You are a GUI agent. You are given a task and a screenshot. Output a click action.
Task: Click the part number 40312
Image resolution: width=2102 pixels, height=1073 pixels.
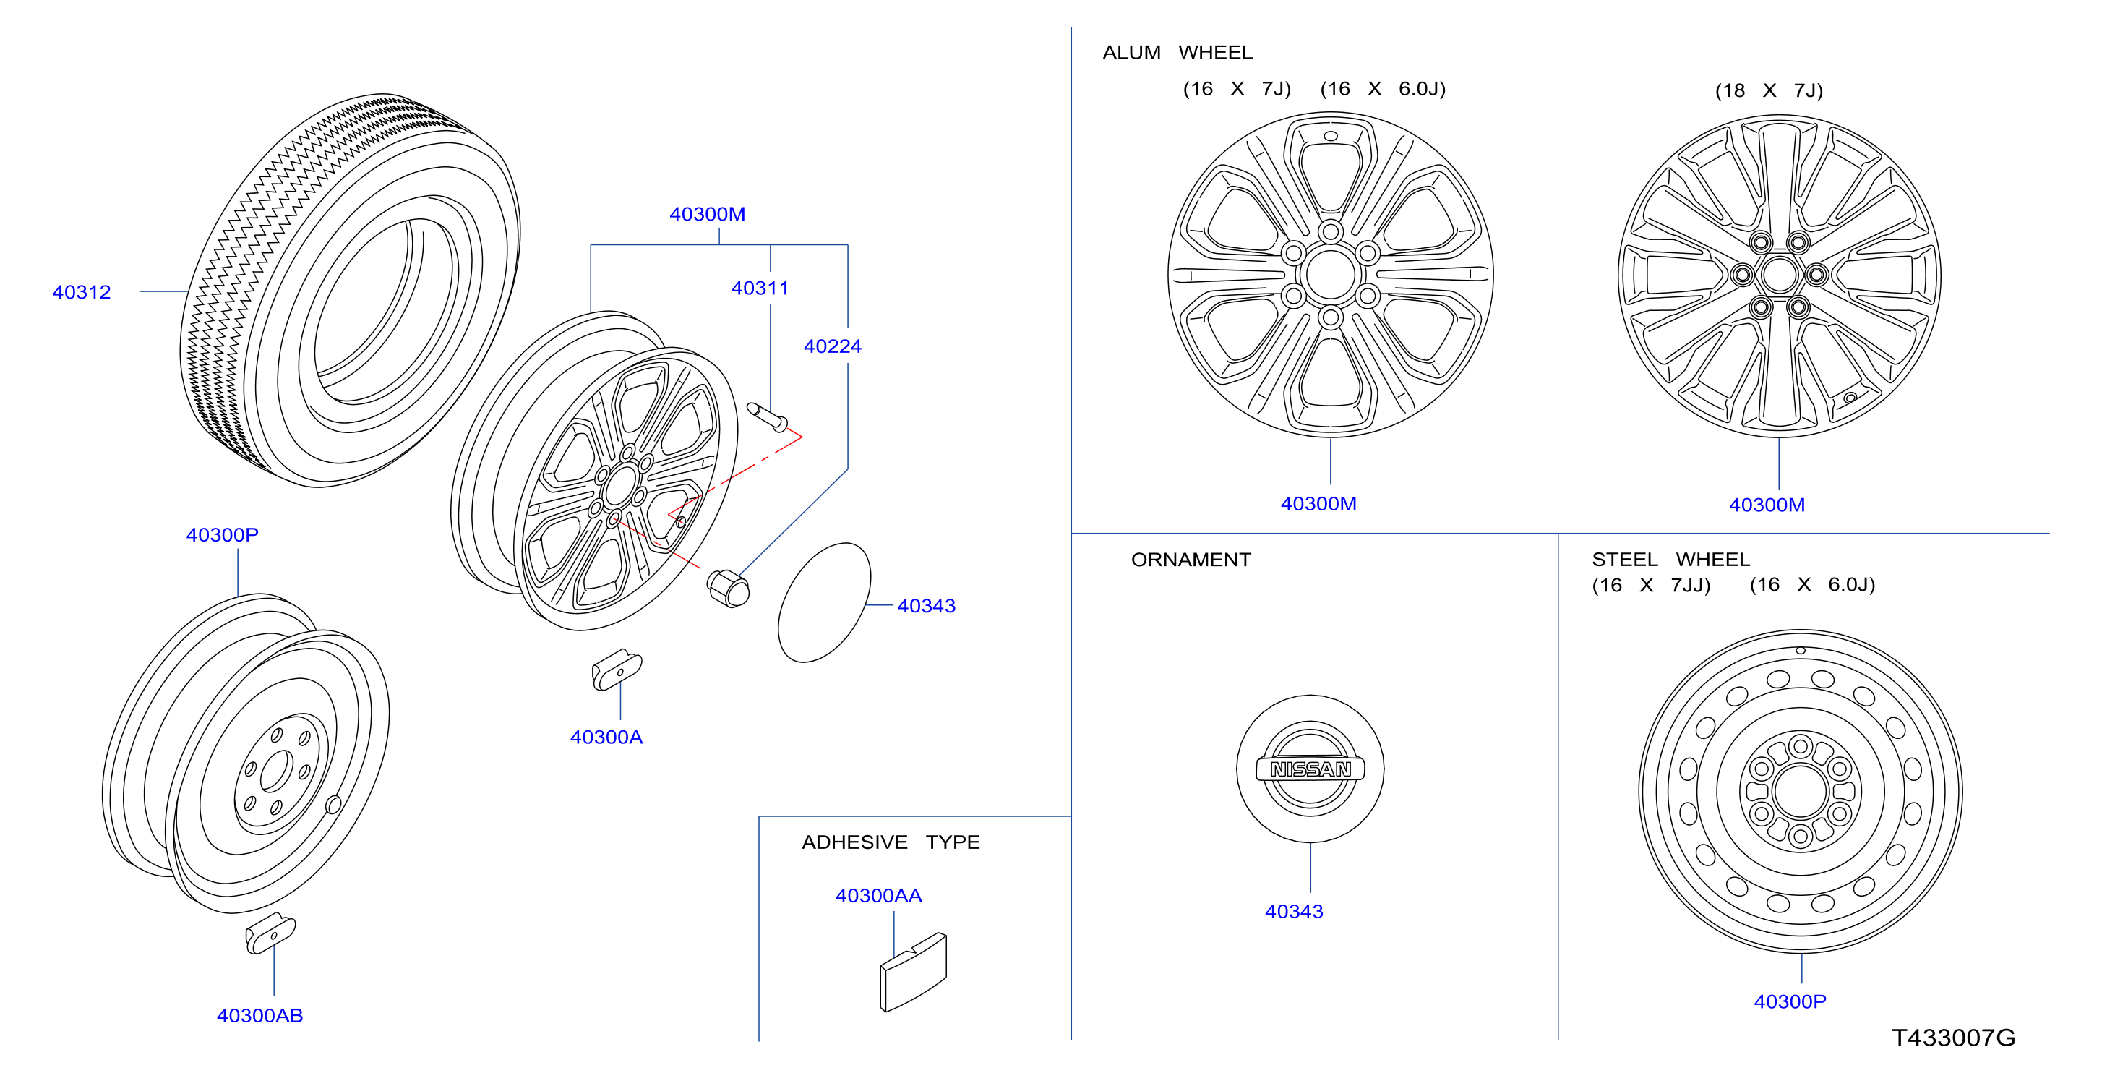[x=82, y=292]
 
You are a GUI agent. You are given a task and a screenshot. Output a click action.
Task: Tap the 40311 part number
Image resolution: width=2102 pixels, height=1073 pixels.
[x=760, y=288]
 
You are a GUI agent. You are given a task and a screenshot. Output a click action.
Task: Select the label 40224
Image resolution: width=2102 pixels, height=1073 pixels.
[x=832, y=346]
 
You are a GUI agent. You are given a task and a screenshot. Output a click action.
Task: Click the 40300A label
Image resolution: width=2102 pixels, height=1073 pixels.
[x=606, y=737]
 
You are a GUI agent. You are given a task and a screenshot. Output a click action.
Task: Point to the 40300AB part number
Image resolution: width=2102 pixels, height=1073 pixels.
[x=259, y=1015]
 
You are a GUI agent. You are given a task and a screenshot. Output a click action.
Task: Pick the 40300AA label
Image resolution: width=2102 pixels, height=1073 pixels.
[x=879, y=895]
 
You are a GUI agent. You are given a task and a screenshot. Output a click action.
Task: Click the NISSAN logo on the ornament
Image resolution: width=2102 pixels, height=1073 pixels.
[x=1310, y=769]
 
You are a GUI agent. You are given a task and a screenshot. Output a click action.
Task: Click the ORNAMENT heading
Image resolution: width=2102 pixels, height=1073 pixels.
[x=1191, y=560]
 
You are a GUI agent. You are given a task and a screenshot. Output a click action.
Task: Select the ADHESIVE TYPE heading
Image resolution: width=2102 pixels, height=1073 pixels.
[x=891, y=842]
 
